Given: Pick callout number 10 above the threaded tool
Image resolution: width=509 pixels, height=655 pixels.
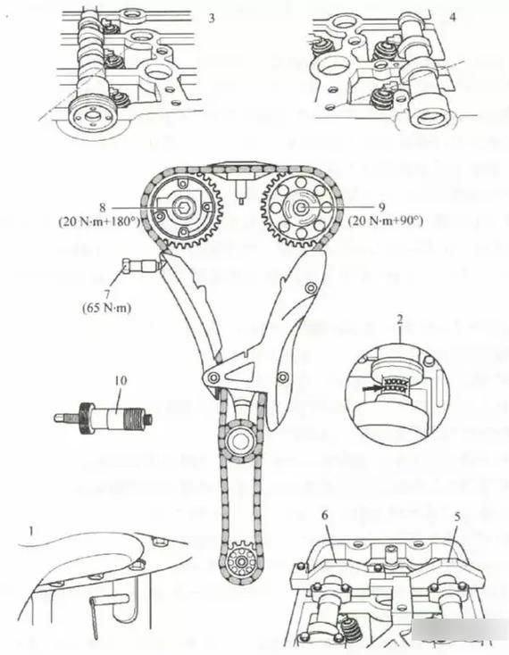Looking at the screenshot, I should tap(121, 381).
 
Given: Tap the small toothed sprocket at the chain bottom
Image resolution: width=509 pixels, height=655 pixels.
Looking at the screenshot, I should tap(238, 562).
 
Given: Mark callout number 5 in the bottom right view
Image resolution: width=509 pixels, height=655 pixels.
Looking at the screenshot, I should tap(456, 517).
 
